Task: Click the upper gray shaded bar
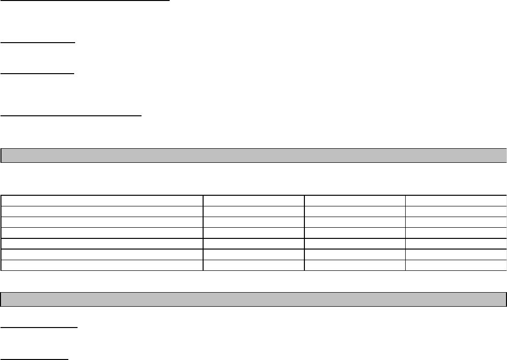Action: tap(253, 155)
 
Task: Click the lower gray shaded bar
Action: tap(253, 299)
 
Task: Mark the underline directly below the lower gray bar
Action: tap(39, 328)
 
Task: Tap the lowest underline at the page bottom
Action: tap(34, 359)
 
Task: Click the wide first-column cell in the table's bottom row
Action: tap(102, 265)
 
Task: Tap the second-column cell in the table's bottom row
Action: tap(253, 265)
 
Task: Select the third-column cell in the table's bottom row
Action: tap(355, 265)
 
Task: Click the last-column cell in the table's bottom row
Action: tap(456, 265)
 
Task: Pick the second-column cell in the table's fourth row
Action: tap(253, 233)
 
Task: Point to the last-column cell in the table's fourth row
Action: tap(456, 233)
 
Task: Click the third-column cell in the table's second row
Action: tap(355, 210)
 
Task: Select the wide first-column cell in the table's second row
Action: tap(102, 210)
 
